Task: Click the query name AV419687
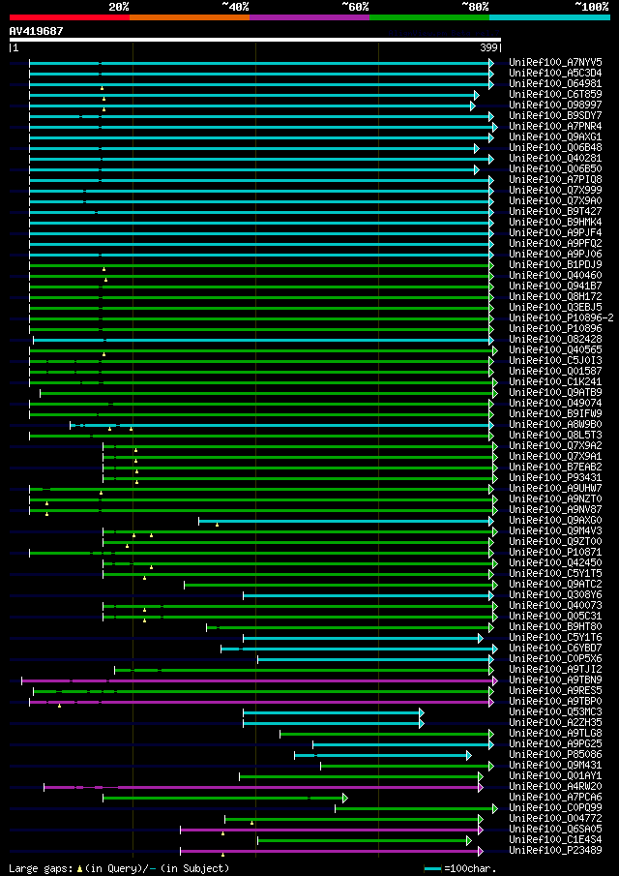[x=37, y=31]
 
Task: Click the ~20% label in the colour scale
[x=119, y=6]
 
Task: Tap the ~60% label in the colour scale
[x=355, y=6]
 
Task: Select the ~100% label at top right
[x=590, y=6]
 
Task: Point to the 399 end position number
[x=489, y=47]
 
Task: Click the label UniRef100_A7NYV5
[x=555, y=62]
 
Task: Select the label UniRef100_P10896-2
[x=561, y=318]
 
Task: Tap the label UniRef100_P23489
[x=555, y=851]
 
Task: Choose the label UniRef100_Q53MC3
[x=555, y=712]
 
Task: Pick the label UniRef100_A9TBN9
[x=555, y=680]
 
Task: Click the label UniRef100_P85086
[x=555, y=755]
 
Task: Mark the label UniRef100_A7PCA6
[x=555, y=798]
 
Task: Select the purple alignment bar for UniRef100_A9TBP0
[x=261, y=702]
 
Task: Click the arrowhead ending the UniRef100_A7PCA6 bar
[x=344, y=798]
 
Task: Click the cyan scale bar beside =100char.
[x=432, y=868]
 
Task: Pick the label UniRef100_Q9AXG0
[x=555, y=521]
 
